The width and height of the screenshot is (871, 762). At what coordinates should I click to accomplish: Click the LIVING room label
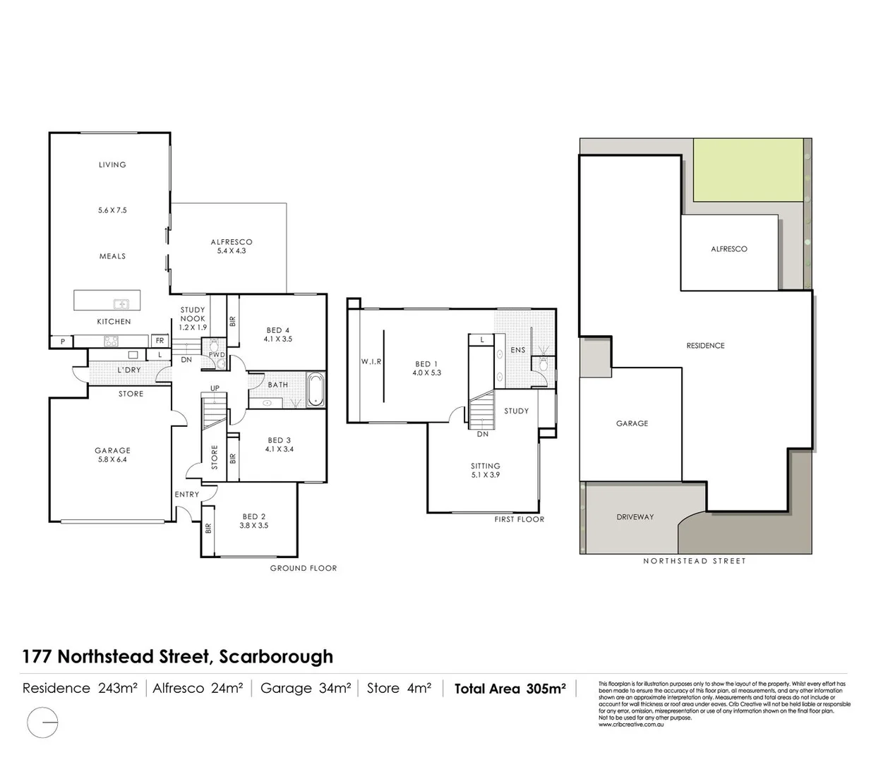[x=112, y=164]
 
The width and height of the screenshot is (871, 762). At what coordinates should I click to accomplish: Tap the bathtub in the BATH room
[x=315, y=389]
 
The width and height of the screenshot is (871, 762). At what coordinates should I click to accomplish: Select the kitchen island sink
[x=121, y=304]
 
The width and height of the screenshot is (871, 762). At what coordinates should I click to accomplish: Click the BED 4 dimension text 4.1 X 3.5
[x=278, y=339]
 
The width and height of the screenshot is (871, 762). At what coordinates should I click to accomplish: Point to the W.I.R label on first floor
[x=371, y=362]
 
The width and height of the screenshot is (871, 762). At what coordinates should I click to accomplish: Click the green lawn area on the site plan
[x=747, y=169]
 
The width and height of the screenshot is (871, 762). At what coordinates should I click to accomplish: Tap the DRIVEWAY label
[x=635, y=517]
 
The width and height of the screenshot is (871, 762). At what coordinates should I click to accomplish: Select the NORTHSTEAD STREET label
[x=694, y=561]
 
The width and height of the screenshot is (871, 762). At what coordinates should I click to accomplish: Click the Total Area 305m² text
[x=510, y=689]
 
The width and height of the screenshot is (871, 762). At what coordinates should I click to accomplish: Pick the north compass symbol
[x=42, y=723]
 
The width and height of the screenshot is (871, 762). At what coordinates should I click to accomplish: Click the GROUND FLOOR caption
[x=304, y=568]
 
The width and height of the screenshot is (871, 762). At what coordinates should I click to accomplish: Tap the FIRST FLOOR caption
[x=519, y=519]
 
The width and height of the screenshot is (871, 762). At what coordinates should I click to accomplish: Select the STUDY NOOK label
[x=193, y=314]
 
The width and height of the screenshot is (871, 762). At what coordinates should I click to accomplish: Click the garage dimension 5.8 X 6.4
[x=113, y=459]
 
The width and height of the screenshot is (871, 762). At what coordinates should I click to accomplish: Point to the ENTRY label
[x=187, y=495]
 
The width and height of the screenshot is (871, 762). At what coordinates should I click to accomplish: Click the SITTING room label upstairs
[x=486, y=466]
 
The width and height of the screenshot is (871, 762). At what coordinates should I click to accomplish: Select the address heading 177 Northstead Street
[x=177, y=656]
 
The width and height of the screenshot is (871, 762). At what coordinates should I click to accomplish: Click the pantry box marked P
[x=62, y=342]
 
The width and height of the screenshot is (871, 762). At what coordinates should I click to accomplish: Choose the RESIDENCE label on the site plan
[x=705, y=346]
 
